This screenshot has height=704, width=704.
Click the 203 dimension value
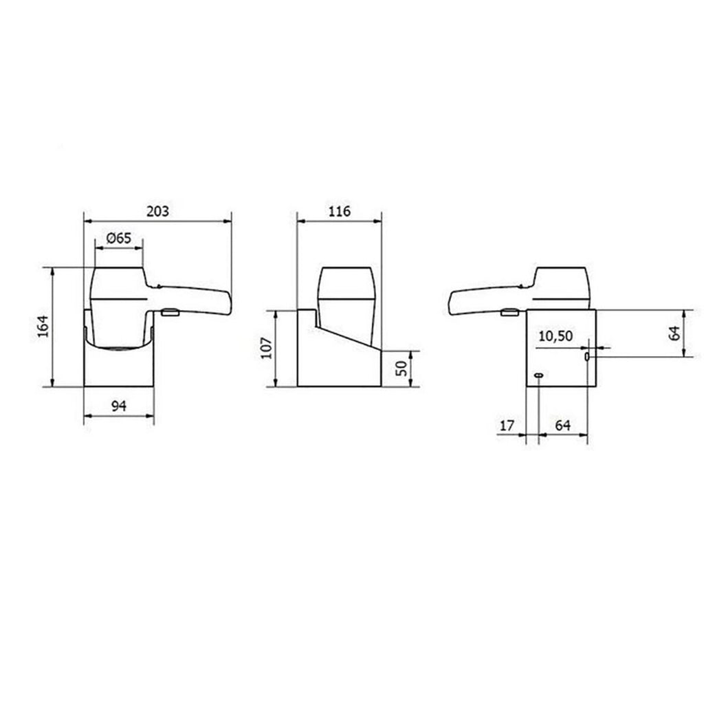tap(157, 211)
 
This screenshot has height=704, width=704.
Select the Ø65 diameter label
tap(119, 238)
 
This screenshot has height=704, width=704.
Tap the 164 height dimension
tap(43, 327)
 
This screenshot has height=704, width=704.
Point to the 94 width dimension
tap(119, 406)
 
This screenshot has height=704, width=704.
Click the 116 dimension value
tap(339, 211)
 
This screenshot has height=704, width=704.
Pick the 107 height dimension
tap(267, 348)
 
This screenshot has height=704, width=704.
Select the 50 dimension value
tap(402, 368)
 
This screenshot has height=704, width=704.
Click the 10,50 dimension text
tap(555, 335)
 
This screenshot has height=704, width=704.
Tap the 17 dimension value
tap(507, 425)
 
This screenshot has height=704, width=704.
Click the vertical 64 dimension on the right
tap(674, 333)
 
